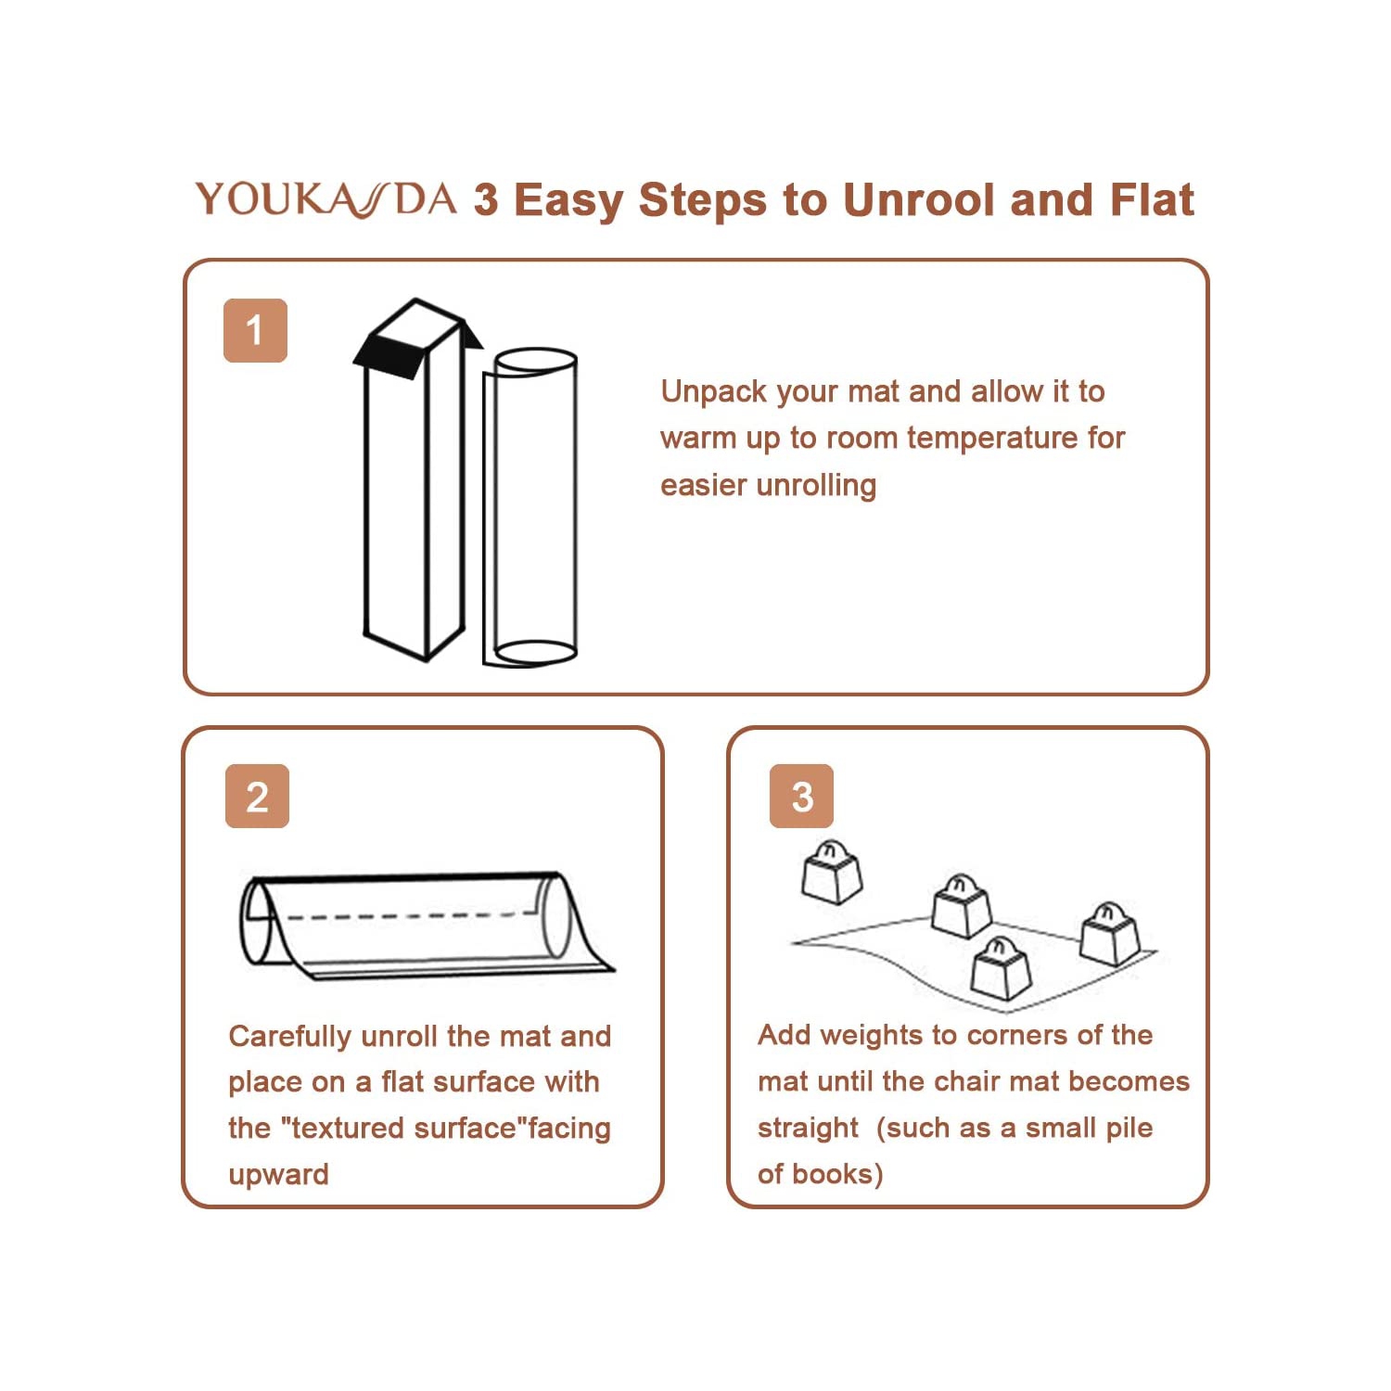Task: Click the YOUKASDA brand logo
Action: [325, 199]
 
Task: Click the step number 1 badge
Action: [255, 330]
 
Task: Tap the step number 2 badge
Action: [257, 797]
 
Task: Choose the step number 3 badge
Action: [802, 797]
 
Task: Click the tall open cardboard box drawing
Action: [417, 479]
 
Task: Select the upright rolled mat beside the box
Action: [530, 507]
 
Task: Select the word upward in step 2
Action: [278, 1175]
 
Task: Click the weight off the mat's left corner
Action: [832, 872]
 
